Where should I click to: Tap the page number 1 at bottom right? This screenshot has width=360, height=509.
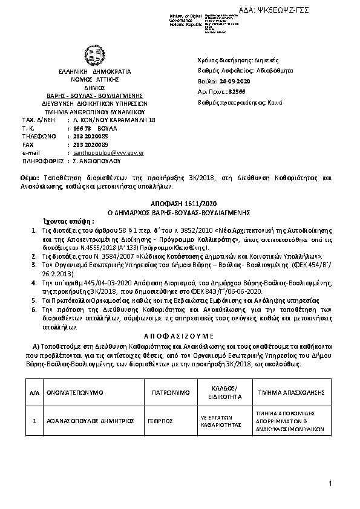pos(332,483)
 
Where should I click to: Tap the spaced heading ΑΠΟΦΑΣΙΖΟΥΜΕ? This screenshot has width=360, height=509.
pos(180,336)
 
